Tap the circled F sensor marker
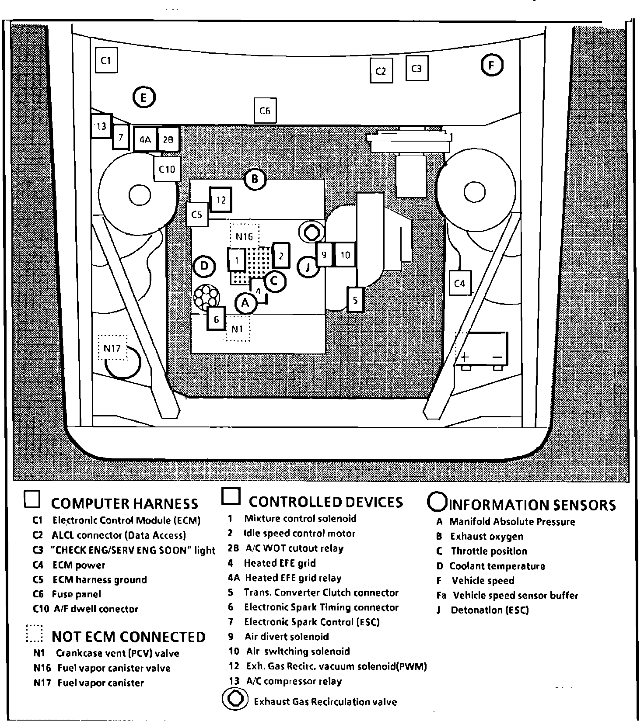492,66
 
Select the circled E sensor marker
144,97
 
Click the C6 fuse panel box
265,111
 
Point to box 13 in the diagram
101,126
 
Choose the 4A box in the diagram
146,140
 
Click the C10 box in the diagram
167,169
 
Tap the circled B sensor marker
255,179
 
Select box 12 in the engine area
221,200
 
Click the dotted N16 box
245,236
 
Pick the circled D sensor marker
204,266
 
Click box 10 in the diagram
345,255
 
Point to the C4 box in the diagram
460,283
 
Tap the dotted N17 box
112,348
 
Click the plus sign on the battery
465,357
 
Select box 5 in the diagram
355,300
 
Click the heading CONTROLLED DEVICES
325,502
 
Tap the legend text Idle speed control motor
299,534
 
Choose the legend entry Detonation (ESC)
490,610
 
